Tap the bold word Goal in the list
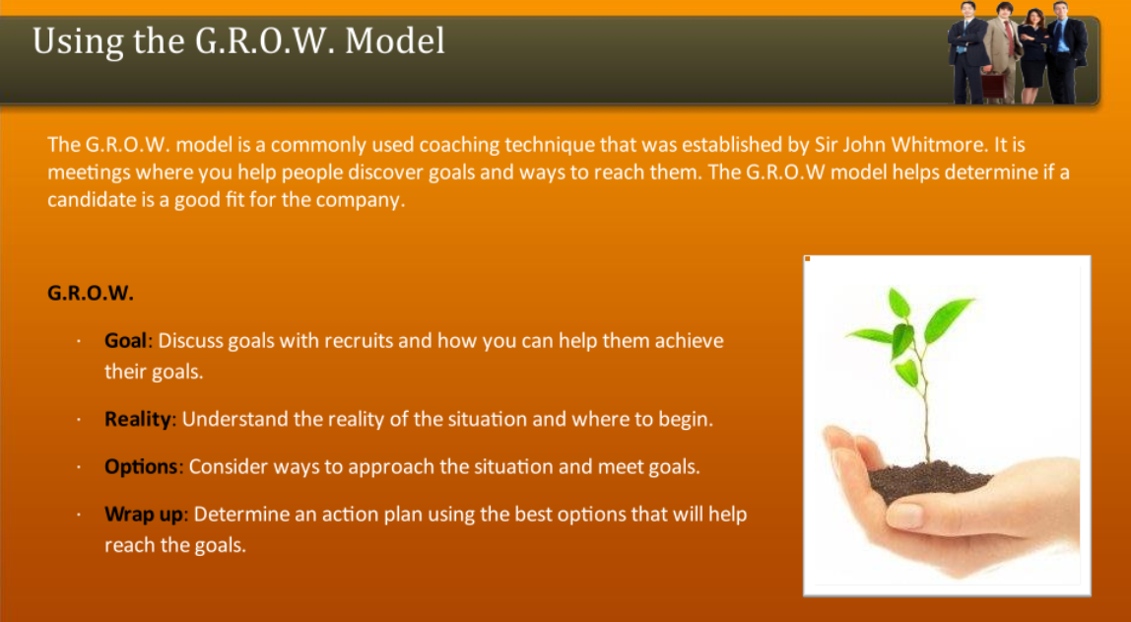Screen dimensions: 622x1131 (125, 341)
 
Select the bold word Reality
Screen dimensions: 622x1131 (139, 419)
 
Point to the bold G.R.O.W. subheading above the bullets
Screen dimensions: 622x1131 (91, 294)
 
